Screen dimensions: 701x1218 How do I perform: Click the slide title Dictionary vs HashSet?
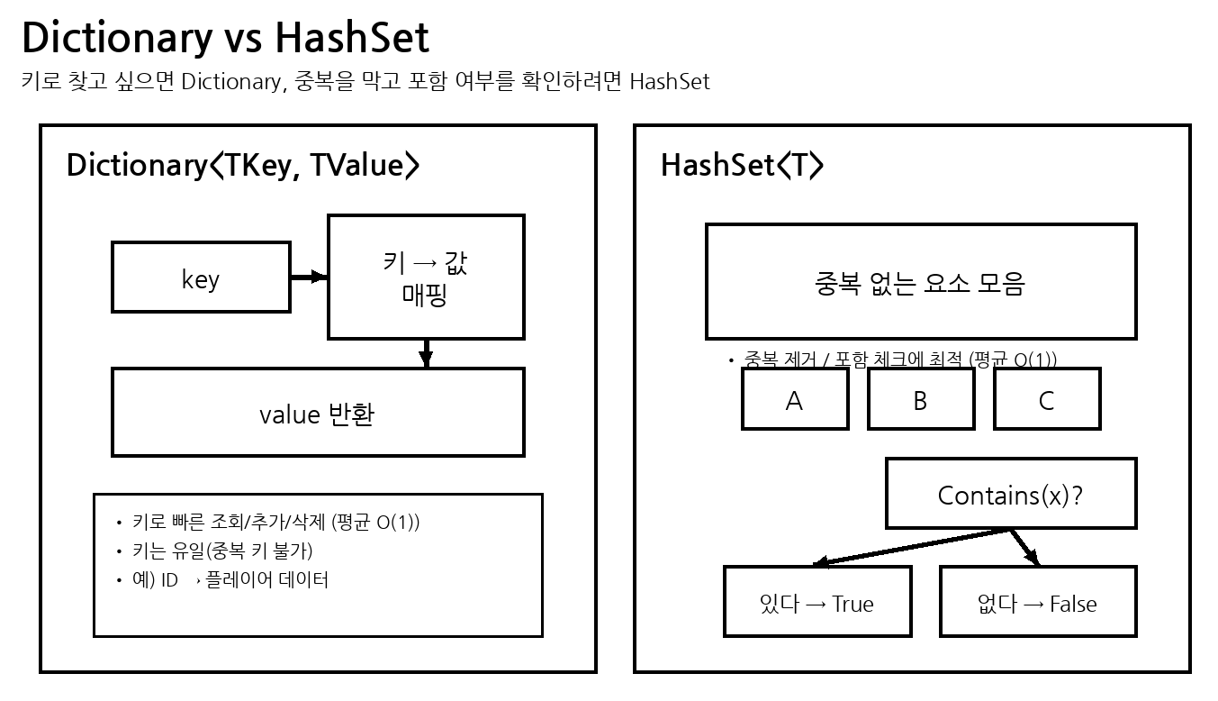(x=225, y=38)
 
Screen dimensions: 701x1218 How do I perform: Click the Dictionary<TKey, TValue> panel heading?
(x=242, y=166)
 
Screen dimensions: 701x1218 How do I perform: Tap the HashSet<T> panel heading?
(x=742, y=166)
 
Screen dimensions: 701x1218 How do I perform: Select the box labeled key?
(x=201, y=278)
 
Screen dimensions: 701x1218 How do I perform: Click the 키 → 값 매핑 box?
(x=426, y=278)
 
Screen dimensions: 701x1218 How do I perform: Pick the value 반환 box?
(x=318, y=413)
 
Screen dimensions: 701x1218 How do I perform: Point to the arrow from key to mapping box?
(x=308, y=278)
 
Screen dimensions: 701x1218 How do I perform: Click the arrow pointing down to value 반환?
(x=427, y=353)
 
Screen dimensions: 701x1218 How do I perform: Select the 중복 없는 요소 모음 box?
(x=920, y=282)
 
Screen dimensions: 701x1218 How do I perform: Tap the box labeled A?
(x=795, y=400)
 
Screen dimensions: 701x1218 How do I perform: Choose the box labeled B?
(x=920, y=400)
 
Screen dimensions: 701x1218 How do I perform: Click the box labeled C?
(x=1046, y=400)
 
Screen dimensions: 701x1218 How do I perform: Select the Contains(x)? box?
(x=1010, y=494)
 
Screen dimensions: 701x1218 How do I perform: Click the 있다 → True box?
(x=817, y=602)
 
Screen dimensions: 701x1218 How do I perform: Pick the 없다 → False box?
(x=1037, y=602)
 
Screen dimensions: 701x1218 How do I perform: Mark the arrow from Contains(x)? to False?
(x=1024, y=547)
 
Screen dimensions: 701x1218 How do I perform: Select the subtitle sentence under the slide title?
(x=365, y=82)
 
